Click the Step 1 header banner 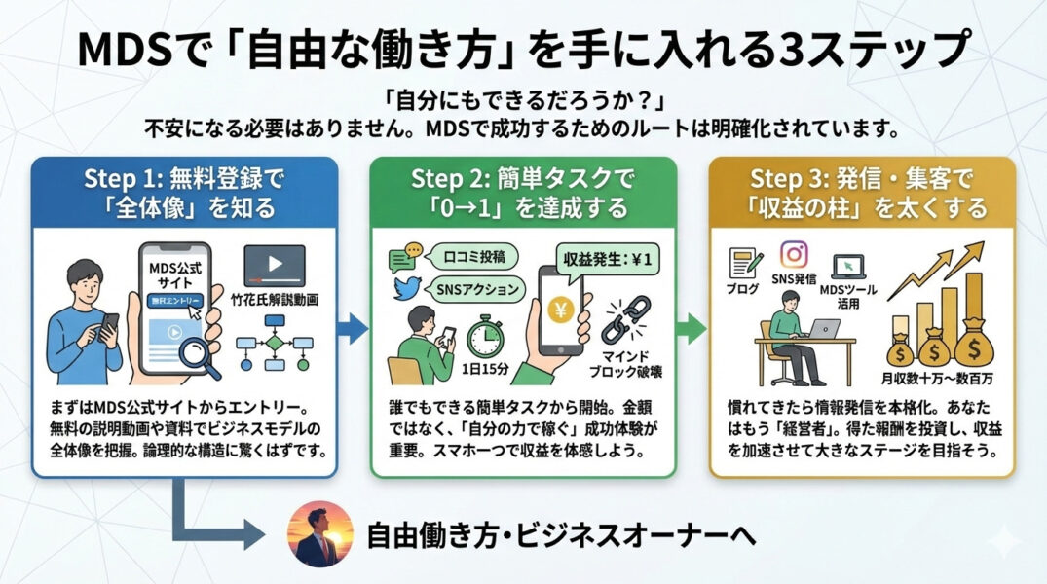184,193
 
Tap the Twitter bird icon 405,289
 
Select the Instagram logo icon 795,254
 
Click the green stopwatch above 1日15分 483,337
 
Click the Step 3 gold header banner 862,193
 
